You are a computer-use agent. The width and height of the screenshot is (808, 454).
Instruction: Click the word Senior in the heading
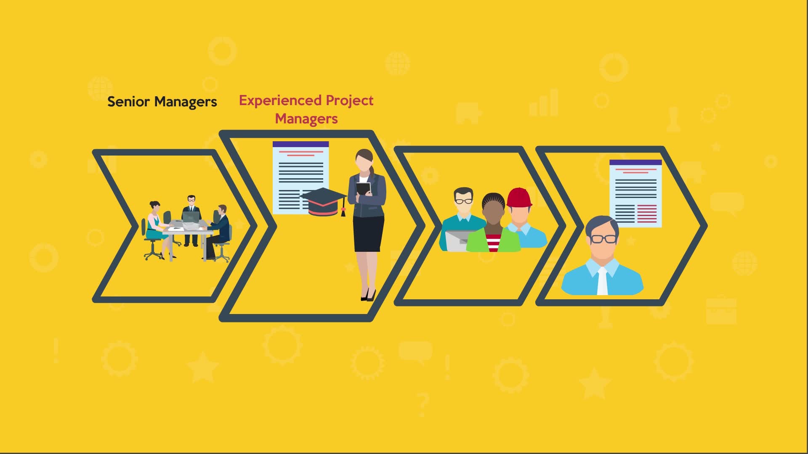[x=128, y=102]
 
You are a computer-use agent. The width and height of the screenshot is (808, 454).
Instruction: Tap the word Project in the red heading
[x=350, y=101]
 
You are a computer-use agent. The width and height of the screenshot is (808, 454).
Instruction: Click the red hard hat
[x=519, y=198]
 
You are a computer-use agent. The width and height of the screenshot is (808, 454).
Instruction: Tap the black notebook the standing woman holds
[x=363, y=189]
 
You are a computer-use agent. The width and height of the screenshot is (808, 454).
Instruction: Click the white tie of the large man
[x=602, y=281]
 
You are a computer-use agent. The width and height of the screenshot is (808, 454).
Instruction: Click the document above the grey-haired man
[x=635, y=193]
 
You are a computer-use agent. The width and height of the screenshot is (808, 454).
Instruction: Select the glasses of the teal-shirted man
[x=464, y=201]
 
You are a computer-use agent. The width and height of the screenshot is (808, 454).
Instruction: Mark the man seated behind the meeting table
[x=191, y=219]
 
